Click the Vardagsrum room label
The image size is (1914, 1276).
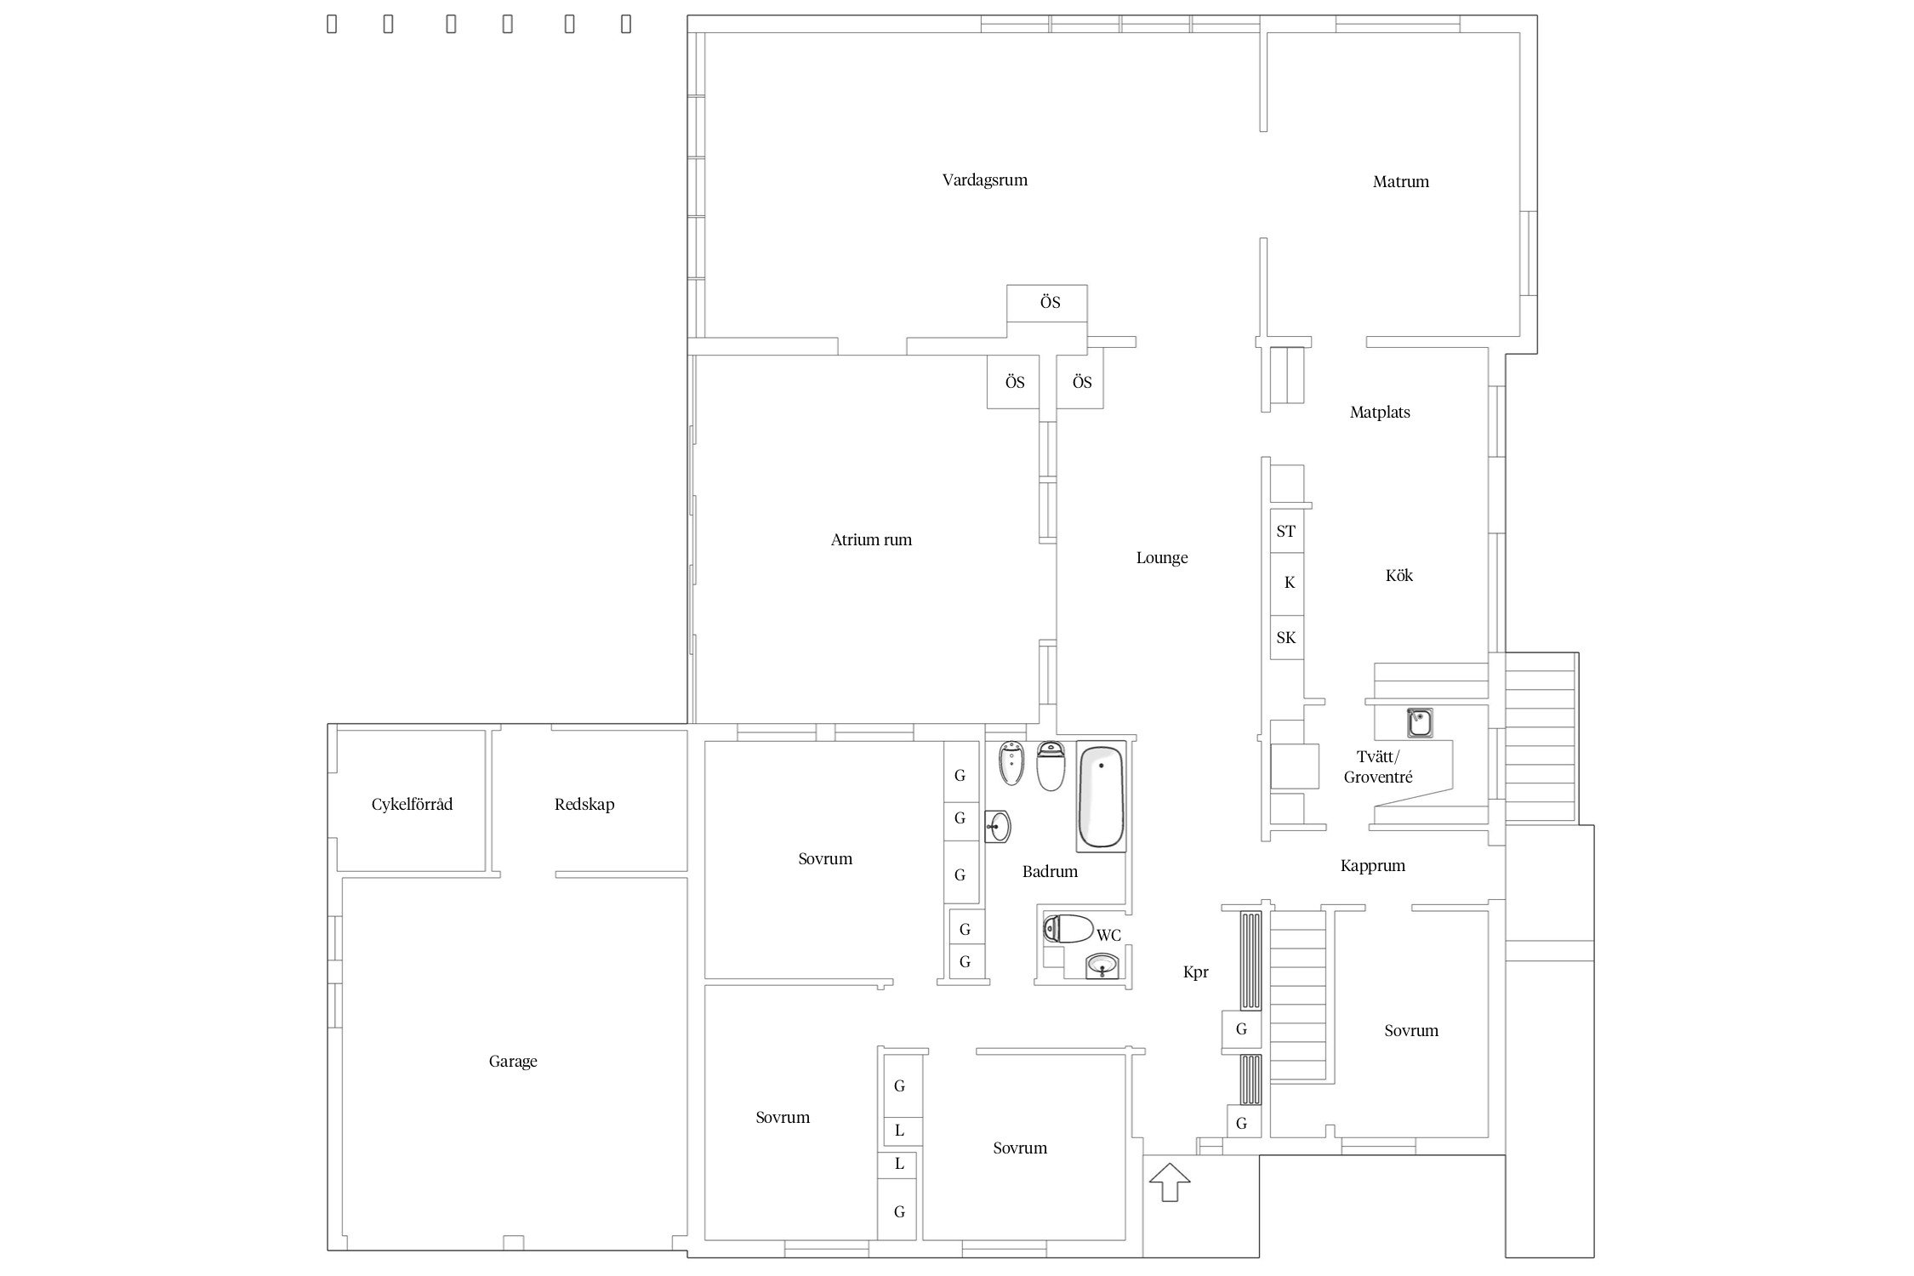tap(984, 180)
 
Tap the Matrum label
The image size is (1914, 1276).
tap(1400, 182)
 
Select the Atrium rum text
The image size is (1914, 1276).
tap(871, 540)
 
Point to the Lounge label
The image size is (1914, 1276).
tap(1162, 558)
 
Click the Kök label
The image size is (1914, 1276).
tap(1398, 576)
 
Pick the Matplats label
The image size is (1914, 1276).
tap(1380, 413)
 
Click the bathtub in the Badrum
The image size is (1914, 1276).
tap(1102, 796)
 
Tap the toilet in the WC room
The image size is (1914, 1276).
tap(1068, 930)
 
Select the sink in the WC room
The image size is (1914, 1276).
tap(1102, 966)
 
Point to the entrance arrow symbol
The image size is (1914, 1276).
tap(1170, 1182)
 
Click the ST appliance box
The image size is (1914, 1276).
tap(1286, 532)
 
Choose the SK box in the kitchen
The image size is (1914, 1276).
tap(1286, 637)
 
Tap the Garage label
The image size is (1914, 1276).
tap(513, 1062)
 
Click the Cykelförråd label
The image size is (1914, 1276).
tap(412, 805)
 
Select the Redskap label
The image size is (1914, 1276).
tap(584, 805)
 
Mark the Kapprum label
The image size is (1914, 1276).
tap(1373, 866)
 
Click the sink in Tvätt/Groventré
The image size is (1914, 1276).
tap(1419, 723)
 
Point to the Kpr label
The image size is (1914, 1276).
tap(1195, 972)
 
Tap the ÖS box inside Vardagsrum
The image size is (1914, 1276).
tap(1047, 304)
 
